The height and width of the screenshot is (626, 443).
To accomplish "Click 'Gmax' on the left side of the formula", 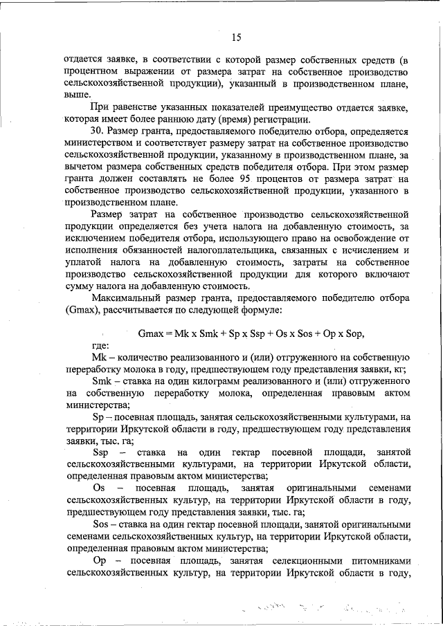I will [x=152, y=333].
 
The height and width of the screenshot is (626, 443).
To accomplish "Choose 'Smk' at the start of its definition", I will [x=102, y=382].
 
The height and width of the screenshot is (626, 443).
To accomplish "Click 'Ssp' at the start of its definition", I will [x=100, y=454].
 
